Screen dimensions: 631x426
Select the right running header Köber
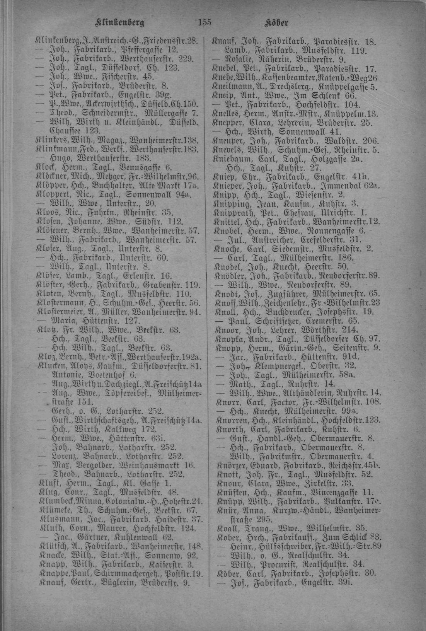(x=276, y=23)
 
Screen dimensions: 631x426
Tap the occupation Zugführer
(x=278, y=294)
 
